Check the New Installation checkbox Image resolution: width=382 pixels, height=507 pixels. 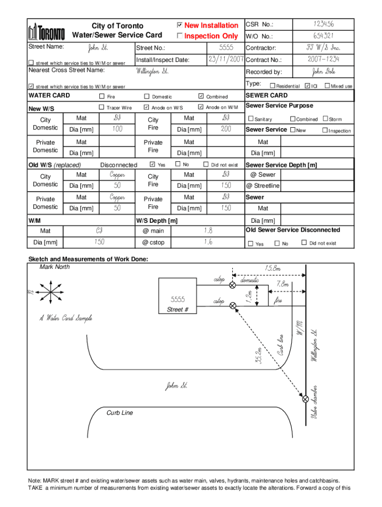pos(180,25)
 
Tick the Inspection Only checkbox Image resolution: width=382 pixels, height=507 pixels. pos(180,36)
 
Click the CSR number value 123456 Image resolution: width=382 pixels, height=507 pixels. pos(323,24)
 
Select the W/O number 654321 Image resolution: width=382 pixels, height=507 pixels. pos(323,36)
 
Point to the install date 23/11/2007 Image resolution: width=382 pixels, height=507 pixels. pos(225,59)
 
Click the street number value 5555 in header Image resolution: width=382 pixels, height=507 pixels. pos(226,48)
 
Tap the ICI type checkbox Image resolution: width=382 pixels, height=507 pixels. pos(307,86)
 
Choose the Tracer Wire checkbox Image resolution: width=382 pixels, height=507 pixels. pos(102,107)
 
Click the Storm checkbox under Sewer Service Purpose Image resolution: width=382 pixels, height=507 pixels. pos(325,119)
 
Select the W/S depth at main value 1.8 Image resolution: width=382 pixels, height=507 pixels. pos(208,230)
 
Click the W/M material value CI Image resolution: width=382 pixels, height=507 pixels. pos(99,230)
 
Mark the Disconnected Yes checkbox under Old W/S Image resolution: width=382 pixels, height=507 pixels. pos(152,164)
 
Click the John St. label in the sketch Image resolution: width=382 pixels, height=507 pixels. pos(176,386)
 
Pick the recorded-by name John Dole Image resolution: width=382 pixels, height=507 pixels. pos(323,72)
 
